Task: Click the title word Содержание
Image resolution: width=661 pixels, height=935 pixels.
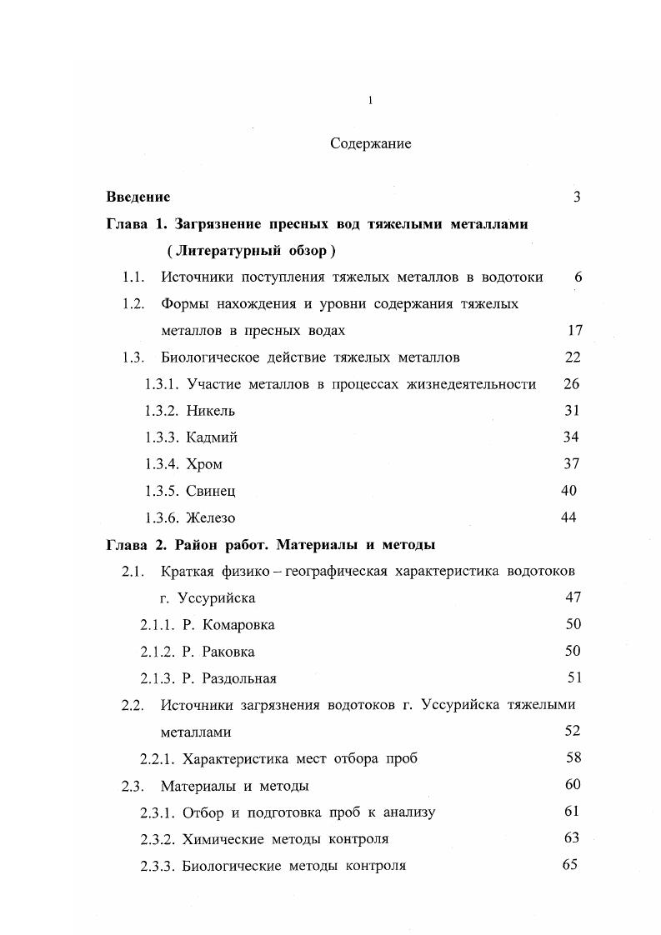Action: tap(370, 143)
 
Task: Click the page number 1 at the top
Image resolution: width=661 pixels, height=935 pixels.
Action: tap(370, 101)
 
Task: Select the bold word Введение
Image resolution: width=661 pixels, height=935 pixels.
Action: tap(138, 197)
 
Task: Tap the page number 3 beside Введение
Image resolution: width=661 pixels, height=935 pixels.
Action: tap(576, 197)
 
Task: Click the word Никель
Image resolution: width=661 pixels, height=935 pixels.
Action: tap(211, 411)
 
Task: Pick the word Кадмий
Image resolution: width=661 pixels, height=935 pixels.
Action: tap(212, 437)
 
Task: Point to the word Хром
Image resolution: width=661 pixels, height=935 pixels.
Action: tap(204, 464)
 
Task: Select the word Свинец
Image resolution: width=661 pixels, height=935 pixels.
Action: tap(211, 491)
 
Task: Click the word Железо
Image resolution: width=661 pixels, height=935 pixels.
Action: tap(211, 517)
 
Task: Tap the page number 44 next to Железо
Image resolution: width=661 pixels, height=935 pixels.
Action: tap(568, 517)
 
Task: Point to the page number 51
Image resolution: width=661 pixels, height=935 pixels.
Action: tap(573, 677)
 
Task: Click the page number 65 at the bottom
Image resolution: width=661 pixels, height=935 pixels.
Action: tap(570, 864)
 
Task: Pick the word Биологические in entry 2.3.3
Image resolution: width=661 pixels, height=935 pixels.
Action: tap(230, 865)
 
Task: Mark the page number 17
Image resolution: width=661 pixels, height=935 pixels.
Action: tap(574, 330)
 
